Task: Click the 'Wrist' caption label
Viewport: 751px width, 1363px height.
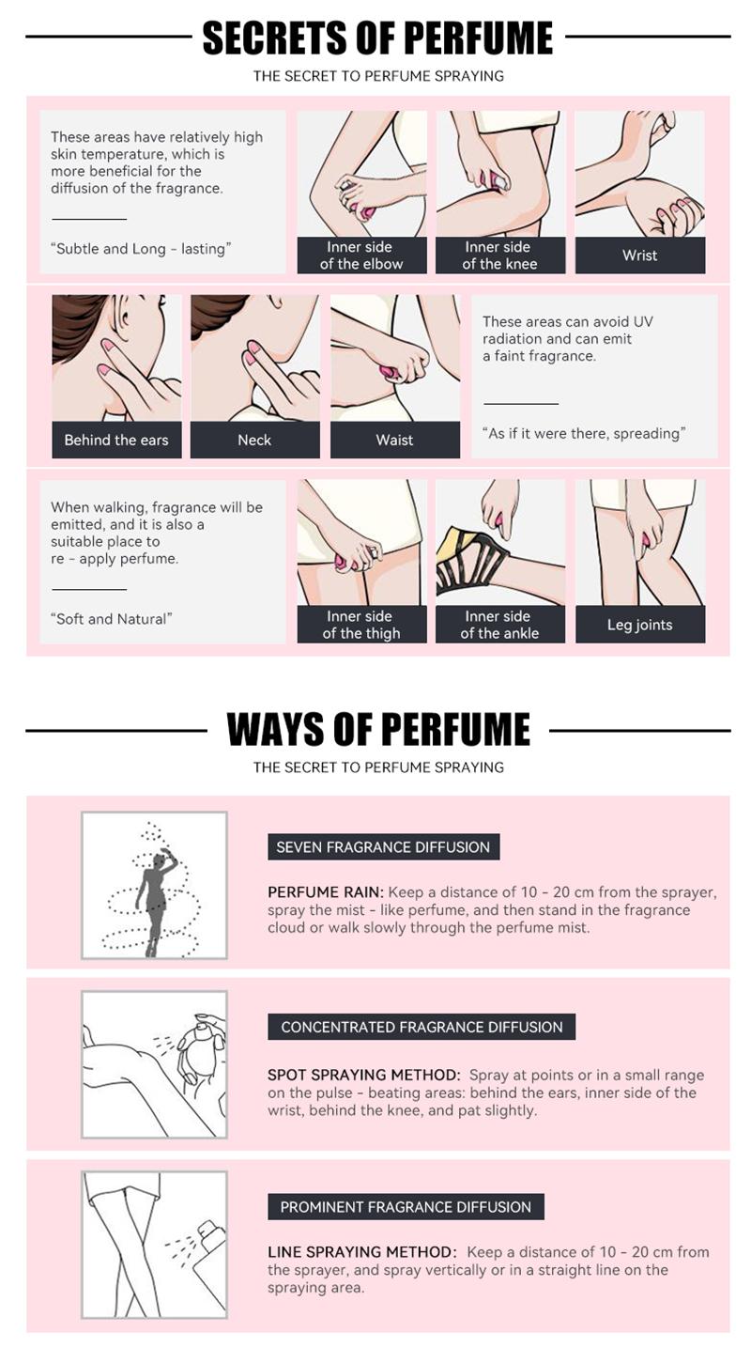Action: click(639, 256)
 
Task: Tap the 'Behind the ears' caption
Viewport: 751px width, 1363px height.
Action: click(116, 440)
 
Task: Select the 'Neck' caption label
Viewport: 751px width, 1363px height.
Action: click(254, 440)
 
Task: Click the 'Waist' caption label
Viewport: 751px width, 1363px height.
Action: click(394, 440)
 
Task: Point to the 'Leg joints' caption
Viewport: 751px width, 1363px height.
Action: click(639, 625)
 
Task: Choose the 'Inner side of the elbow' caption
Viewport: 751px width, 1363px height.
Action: click(361, 256)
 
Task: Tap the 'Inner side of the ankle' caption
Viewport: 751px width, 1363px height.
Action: click(499, 625)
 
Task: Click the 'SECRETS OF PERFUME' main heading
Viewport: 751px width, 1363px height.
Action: click(377, 38)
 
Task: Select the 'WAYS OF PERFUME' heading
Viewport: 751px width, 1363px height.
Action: click(377, 730)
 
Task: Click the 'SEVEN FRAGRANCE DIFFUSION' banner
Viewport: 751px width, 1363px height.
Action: click(383, 846)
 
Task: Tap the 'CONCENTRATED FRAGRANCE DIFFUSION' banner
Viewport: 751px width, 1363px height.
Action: click(421, 1027)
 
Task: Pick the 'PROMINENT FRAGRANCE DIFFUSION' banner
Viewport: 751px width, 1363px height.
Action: click(406, 1207)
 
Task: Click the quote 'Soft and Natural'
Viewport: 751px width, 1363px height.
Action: click(111, 619)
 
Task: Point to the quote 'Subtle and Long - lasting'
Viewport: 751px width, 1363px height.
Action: click(140, 249)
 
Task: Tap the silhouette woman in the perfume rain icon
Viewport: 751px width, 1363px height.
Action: click(152, 897)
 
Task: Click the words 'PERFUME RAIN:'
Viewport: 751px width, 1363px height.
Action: click(325, 892)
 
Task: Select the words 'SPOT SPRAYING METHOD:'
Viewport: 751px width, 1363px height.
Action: click(363, 1075)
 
